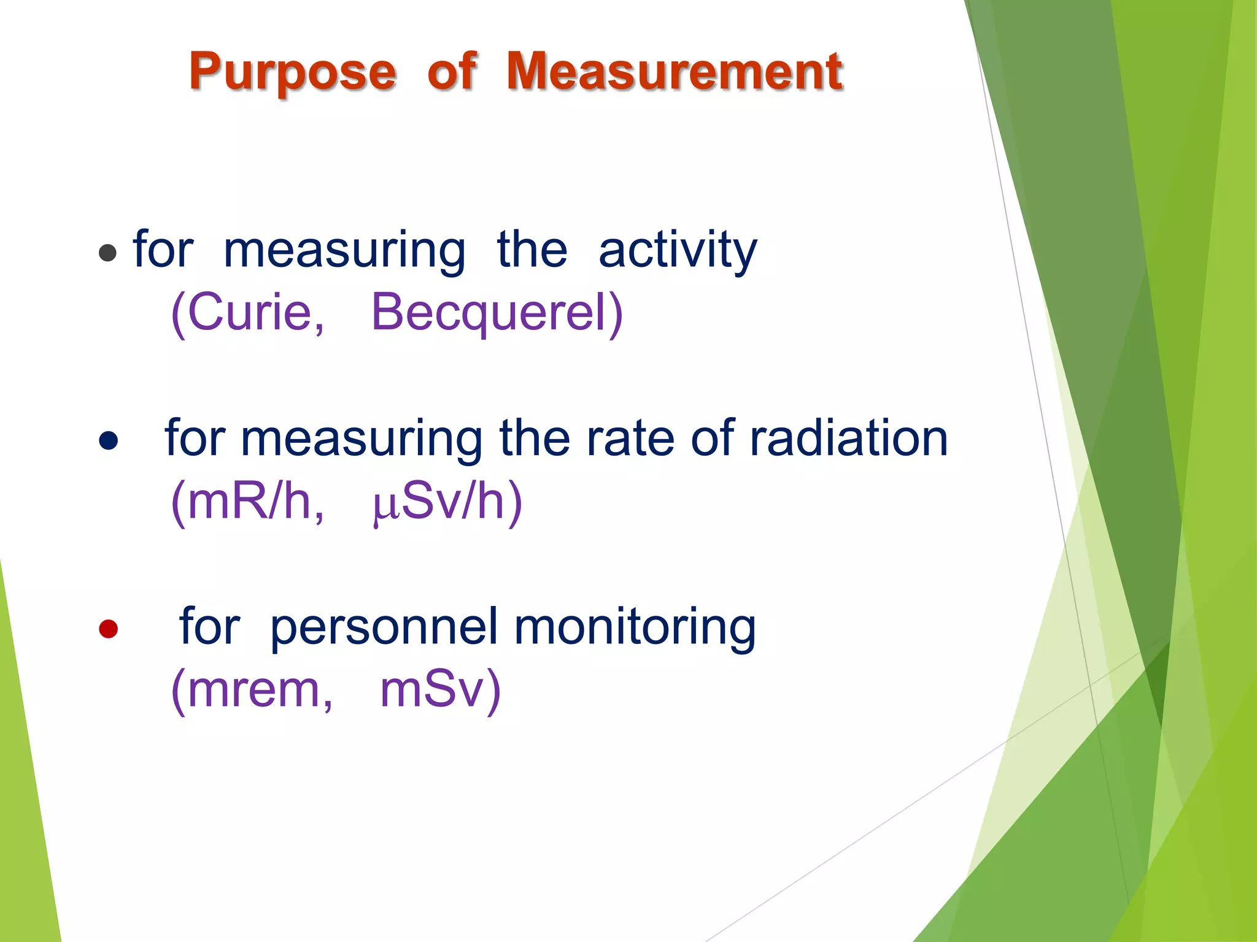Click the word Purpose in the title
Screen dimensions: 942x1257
click(293, 72)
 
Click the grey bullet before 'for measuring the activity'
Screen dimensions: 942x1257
click(107, 253)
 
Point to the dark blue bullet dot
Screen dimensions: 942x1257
click(108, 440)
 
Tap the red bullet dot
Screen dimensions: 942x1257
click(108, 629)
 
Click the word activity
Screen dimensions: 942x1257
click(678, 250)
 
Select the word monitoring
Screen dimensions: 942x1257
click(635, 627)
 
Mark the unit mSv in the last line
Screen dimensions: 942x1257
click(436, 690)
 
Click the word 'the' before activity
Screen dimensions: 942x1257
click(532, 250)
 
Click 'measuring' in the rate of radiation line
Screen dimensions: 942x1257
click(362, 439)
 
